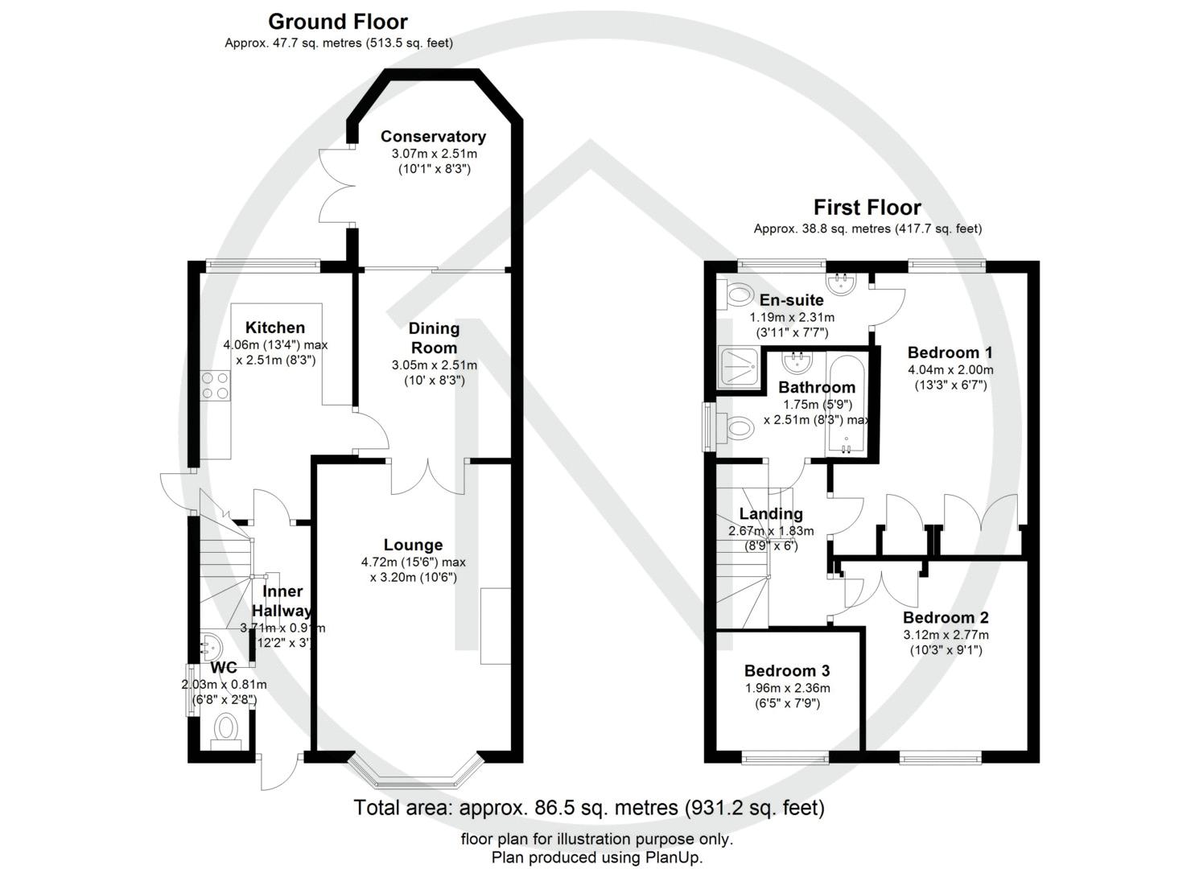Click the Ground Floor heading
tap(338, 22)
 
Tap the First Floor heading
tap(867, 208)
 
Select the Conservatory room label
tap(433, 137)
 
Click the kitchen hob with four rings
tap(216, 385)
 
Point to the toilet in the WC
tap(227, 732)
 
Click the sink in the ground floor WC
tap(210, 648)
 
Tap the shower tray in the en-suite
tap(739, 367)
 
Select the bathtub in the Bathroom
tap(846, 405)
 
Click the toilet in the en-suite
tap(736, 294)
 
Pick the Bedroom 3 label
tap(787, 670)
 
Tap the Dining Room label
tap(434, 338)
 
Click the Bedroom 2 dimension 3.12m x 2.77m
tap(946, 635)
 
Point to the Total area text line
tap(589, 808)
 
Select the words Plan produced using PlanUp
tap(597, 857)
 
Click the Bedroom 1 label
tap(950, 352)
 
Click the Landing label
tap(771, 513)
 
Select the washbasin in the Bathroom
tap(797, 362)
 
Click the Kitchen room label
tap(274, 327)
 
